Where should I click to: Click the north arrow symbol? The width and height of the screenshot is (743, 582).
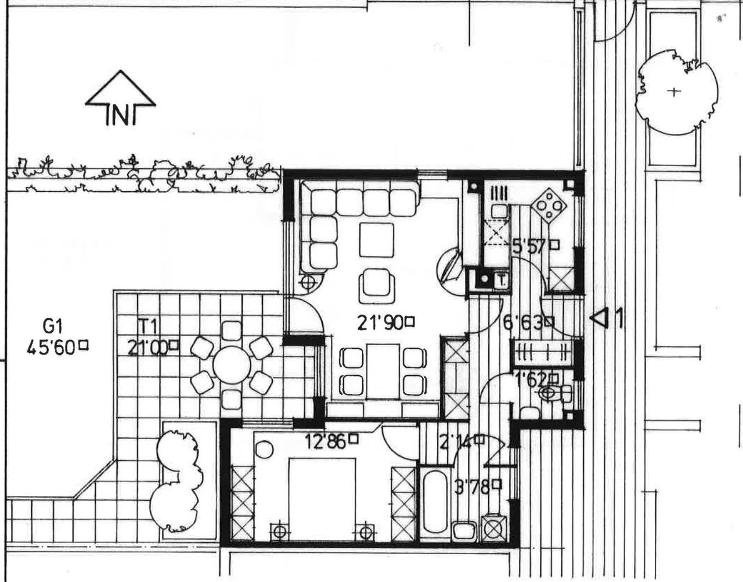click(x=121, y=99)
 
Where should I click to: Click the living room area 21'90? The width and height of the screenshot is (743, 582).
click(x=380, y=322)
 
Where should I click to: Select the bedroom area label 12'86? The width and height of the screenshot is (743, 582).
click(x=326, y=442)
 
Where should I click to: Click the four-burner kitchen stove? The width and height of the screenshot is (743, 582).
click(x=547, y=206)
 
